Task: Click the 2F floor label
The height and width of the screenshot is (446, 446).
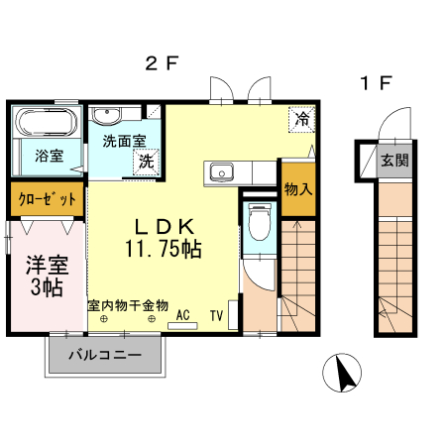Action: pyautogui.click(x=161, y=64)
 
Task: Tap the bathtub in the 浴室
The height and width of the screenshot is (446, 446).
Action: pyautogui.click(x=47, y=124)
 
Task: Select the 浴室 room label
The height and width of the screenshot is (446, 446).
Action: pyautogui.click(x=48, y=155)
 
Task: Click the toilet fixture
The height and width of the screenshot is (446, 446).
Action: pyautogui.click(x=260, y=221)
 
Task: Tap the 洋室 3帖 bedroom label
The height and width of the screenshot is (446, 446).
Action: pyautogui.click(x=45, y=276)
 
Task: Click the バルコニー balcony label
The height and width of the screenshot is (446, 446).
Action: pyautogui.click(x=104, y=355)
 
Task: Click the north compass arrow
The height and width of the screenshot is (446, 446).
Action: pyautogui.click(x=346, y=375)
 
